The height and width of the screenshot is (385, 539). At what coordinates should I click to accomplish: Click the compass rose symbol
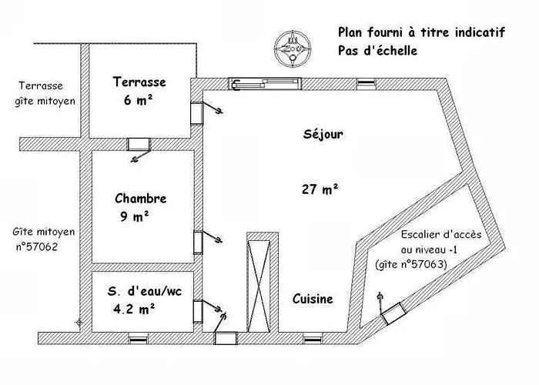293,49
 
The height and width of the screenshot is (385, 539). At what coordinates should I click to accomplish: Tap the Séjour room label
323,134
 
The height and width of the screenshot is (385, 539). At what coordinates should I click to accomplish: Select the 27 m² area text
320,189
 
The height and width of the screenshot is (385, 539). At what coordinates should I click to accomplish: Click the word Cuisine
313,299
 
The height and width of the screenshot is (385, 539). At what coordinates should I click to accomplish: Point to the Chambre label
141,199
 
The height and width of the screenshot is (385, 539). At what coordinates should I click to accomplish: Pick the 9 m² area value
135,216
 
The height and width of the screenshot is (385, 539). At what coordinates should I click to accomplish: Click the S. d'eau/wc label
145,292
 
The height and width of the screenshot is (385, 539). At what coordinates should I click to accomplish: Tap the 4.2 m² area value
134,309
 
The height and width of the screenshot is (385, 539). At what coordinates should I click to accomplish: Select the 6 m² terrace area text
138,100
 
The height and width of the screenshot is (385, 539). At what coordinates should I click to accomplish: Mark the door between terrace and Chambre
139,144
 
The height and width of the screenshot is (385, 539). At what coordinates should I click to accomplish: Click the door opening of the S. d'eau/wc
198,312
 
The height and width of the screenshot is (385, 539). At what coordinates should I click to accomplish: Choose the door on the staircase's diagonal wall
393,313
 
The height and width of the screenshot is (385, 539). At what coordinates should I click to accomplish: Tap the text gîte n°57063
411,264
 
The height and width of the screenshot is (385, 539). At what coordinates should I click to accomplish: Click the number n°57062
37,246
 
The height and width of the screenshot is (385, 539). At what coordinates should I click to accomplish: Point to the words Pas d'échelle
377,51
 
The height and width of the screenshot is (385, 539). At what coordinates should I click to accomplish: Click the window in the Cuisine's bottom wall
313,340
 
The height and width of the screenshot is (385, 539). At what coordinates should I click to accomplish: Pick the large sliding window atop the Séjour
265,84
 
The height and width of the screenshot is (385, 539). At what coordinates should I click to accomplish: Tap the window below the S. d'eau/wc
138,340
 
